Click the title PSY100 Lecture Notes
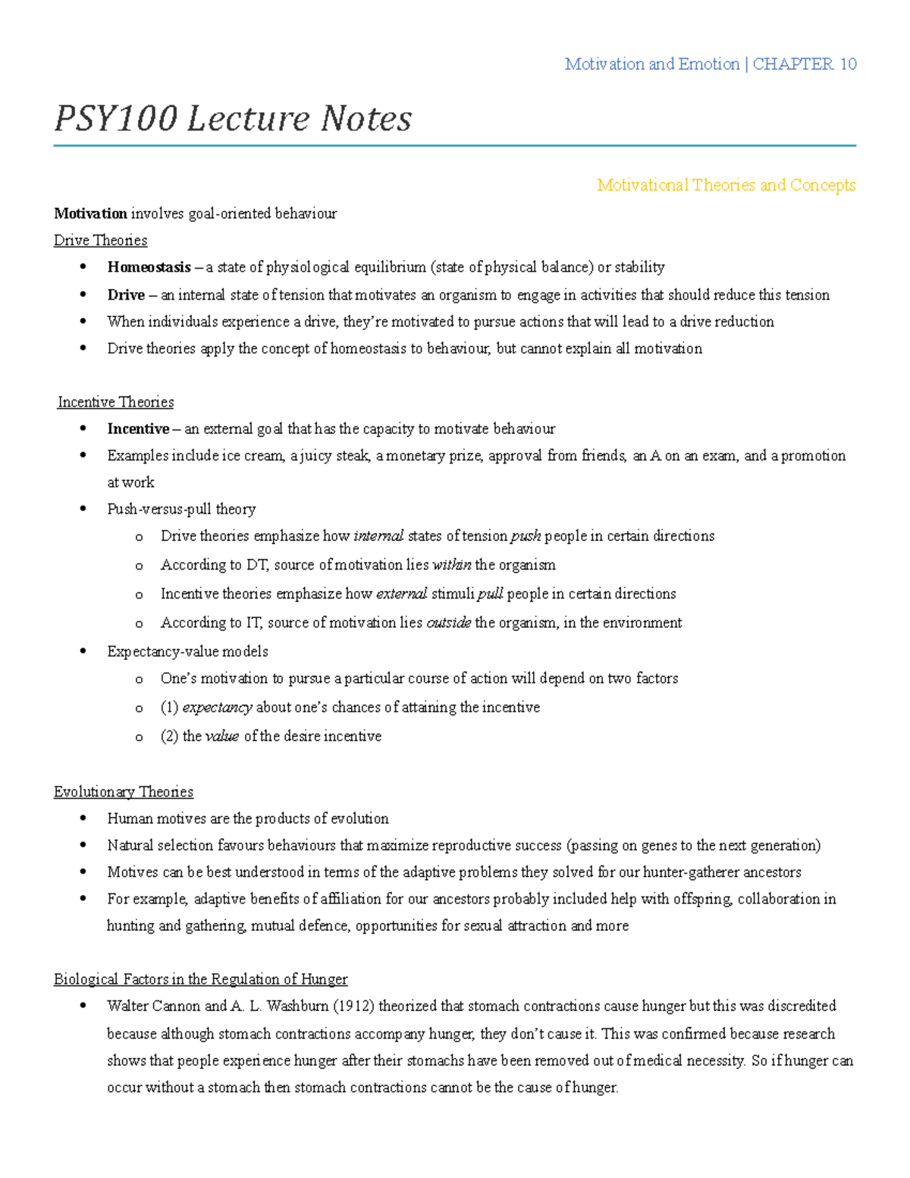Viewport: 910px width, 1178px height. (x=233, y=119)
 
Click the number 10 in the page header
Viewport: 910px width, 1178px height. (x=848, y=64)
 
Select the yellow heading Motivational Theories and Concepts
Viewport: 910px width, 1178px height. (x=726, y=185)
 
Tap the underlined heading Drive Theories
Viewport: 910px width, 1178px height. (x=100, y=240)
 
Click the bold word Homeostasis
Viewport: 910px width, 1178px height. (x=149, y=267)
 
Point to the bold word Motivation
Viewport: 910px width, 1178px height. (x=90, y=214)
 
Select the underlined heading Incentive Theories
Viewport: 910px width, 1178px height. (x=115, y=402)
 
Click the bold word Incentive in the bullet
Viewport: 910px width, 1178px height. (x=138, y=429)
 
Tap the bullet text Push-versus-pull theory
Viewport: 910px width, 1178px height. (x=181, y=509)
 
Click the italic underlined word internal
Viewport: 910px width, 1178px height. (x=378, y=536)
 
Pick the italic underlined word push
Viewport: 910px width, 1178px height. (x=526, y=536)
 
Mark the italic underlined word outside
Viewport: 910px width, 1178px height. (x=448, y=623)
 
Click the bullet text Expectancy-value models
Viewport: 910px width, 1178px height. (x=187, y=652)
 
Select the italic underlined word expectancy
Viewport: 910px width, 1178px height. (x=217, y=708)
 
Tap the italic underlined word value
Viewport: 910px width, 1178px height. (x=222, y=737)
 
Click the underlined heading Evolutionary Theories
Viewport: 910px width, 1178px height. (x=123, y=792)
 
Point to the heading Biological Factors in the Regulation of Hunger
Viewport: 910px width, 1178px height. (x=200, y=979)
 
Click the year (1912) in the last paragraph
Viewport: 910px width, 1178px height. (x=353, y=1007)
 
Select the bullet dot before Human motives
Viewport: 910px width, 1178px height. (x=83, y=818)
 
